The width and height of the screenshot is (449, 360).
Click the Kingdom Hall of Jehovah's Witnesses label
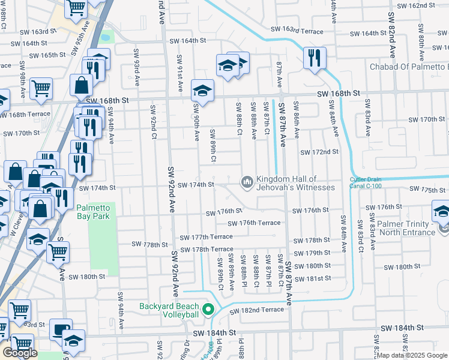(295, 183)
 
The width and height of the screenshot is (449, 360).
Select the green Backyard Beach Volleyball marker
(208, 310)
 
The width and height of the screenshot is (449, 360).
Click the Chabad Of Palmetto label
(409, 66)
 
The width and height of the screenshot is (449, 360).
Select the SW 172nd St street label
(319, 152)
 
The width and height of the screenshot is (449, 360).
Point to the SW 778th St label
(150, 245)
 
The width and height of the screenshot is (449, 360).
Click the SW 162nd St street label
(419, 5)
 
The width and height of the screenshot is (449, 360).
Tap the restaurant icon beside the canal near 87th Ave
(314, 58)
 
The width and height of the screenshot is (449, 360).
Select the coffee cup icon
(61, 329)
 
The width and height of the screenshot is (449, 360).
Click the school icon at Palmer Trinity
(442, 212)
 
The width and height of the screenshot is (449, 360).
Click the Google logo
(20, 353)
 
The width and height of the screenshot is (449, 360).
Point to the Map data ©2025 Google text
(412, 355)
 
